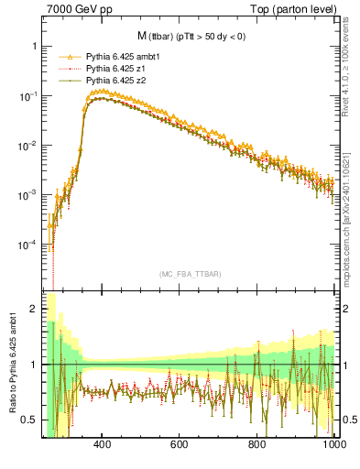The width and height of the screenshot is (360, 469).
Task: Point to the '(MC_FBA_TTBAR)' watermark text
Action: pos(189,274)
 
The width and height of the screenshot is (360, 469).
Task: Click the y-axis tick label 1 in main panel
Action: pos(34,46)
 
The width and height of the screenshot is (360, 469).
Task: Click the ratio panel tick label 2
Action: pos(34,309)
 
